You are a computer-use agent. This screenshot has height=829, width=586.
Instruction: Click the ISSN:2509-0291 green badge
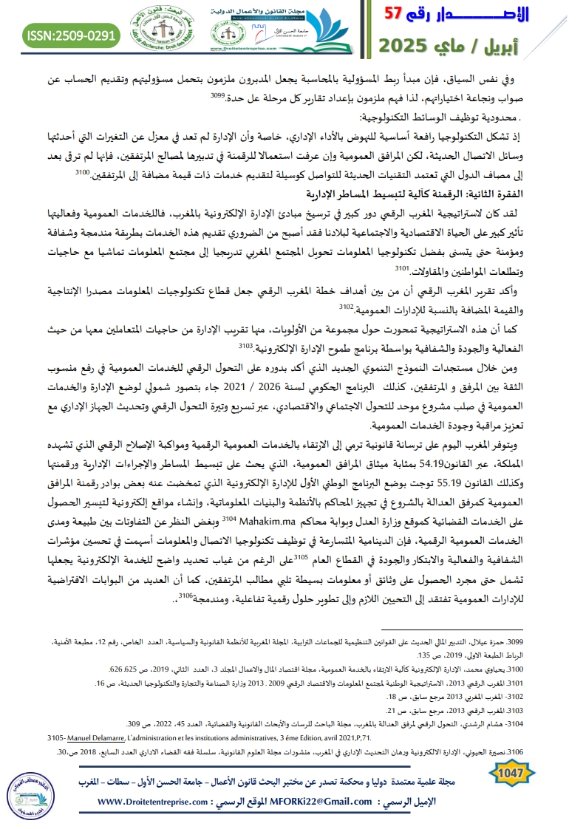[x=72, y=34]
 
